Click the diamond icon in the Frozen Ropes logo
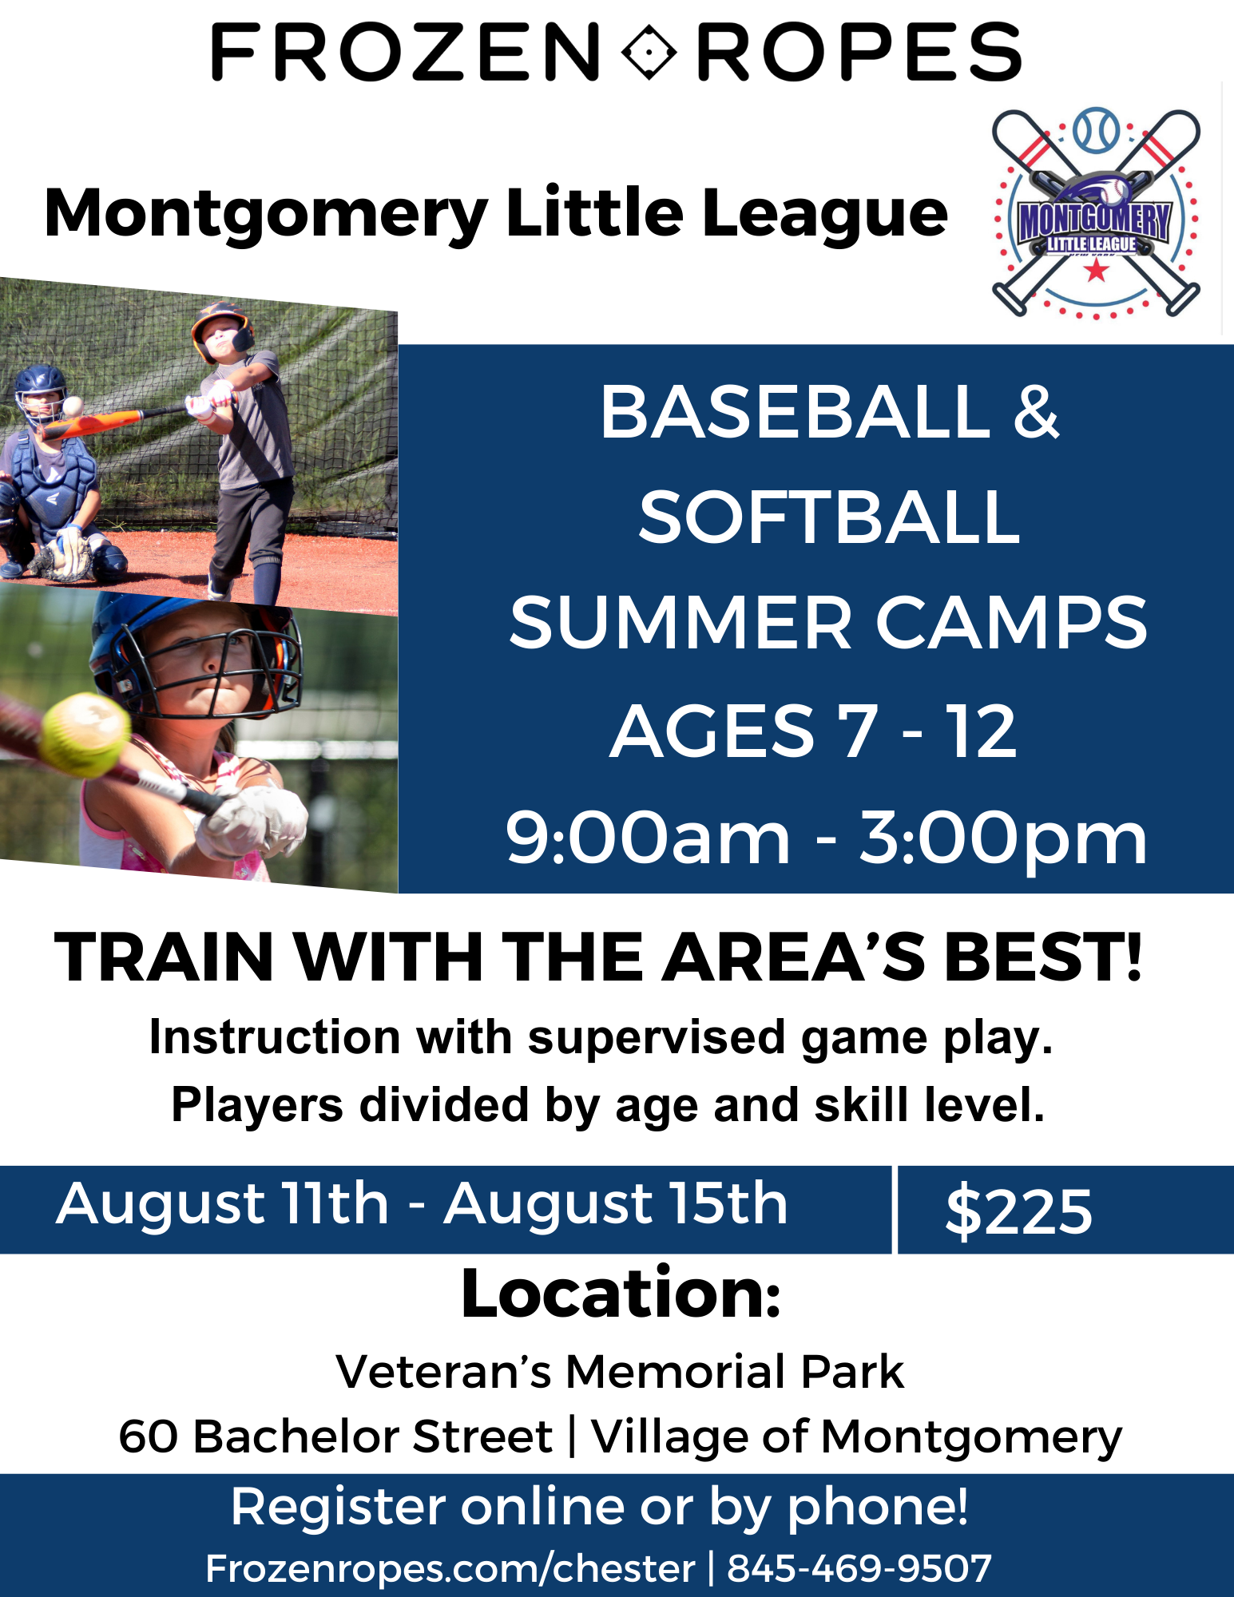coord(649,52)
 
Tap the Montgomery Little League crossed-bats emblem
coord(1096,213)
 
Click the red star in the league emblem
coord(1096,271)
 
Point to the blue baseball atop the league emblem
coord(1097,130)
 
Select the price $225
coord(1018,1211)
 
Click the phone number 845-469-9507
coord(859,1568)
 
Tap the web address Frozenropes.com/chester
coord(450,1568)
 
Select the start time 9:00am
coord(648,838)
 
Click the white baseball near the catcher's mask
coord(73,406)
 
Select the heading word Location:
coord(621,1294)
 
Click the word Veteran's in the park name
coord(443,1372)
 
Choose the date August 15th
coord(616,1204)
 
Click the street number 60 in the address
coord(148,1437)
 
